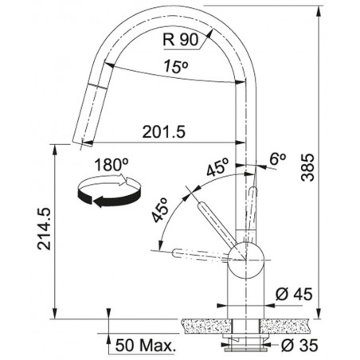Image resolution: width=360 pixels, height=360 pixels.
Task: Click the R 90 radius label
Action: pos(181,40)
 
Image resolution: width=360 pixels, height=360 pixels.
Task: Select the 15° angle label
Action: pos(175,66)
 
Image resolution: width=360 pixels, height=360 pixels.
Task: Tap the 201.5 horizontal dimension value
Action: pos(163,131)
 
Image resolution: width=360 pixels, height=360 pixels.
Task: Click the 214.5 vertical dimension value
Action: pos(44,229)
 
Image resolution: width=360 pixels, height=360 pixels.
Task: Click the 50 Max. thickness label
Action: pos(146,346)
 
